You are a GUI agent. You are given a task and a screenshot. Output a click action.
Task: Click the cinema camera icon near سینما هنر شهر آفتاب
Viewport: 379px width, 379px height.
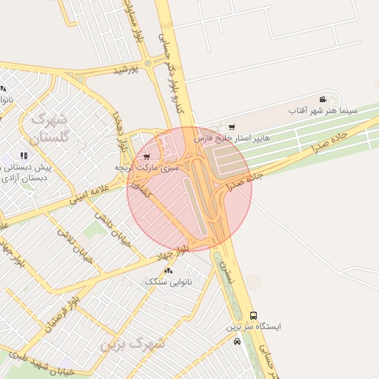click(x=323, y=100)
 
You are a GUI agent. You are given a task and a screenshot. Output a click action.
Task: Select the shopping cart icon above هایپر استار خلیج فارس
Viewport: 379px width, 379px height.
click(x=232, y=127)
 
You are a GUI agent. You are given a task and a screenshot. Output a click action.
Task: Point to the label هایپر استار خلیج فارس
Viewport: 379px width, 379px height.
click(x=232, y=138)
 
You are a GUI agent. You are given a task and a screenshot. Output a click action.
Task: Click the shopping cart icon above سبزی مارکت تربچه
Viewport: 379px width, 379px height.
click(x=147, y=156)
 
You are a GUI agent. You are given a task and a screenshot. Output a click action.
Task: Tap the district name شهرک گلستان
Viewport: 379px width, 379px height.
click(x=50, y=127)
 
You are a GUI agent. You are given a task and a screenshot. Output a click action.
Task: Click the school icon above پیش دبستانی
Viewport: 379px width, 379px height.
click(x=24, y=155)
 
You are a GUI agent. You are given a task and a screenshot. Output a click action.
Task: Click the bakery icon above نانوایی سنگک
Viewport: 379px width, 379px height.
click(x=169, y=270)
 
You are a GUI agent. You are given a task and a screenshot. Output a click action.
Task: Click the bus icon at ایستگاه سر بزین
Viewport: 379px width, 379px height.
click(x=254, y=315)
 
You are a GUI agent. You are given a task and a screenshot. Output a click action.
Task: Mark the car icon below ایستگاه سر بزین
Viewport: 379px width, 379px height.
click(x=237, y=341)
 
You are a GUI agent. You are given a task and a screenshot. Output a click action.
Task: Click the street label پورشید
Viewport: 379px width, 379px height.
click(x=127, y=70)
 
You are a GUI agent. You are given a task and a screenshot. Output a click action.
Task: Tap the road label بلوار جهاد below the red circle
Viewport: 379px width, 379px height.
click(x=174, y=252)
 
